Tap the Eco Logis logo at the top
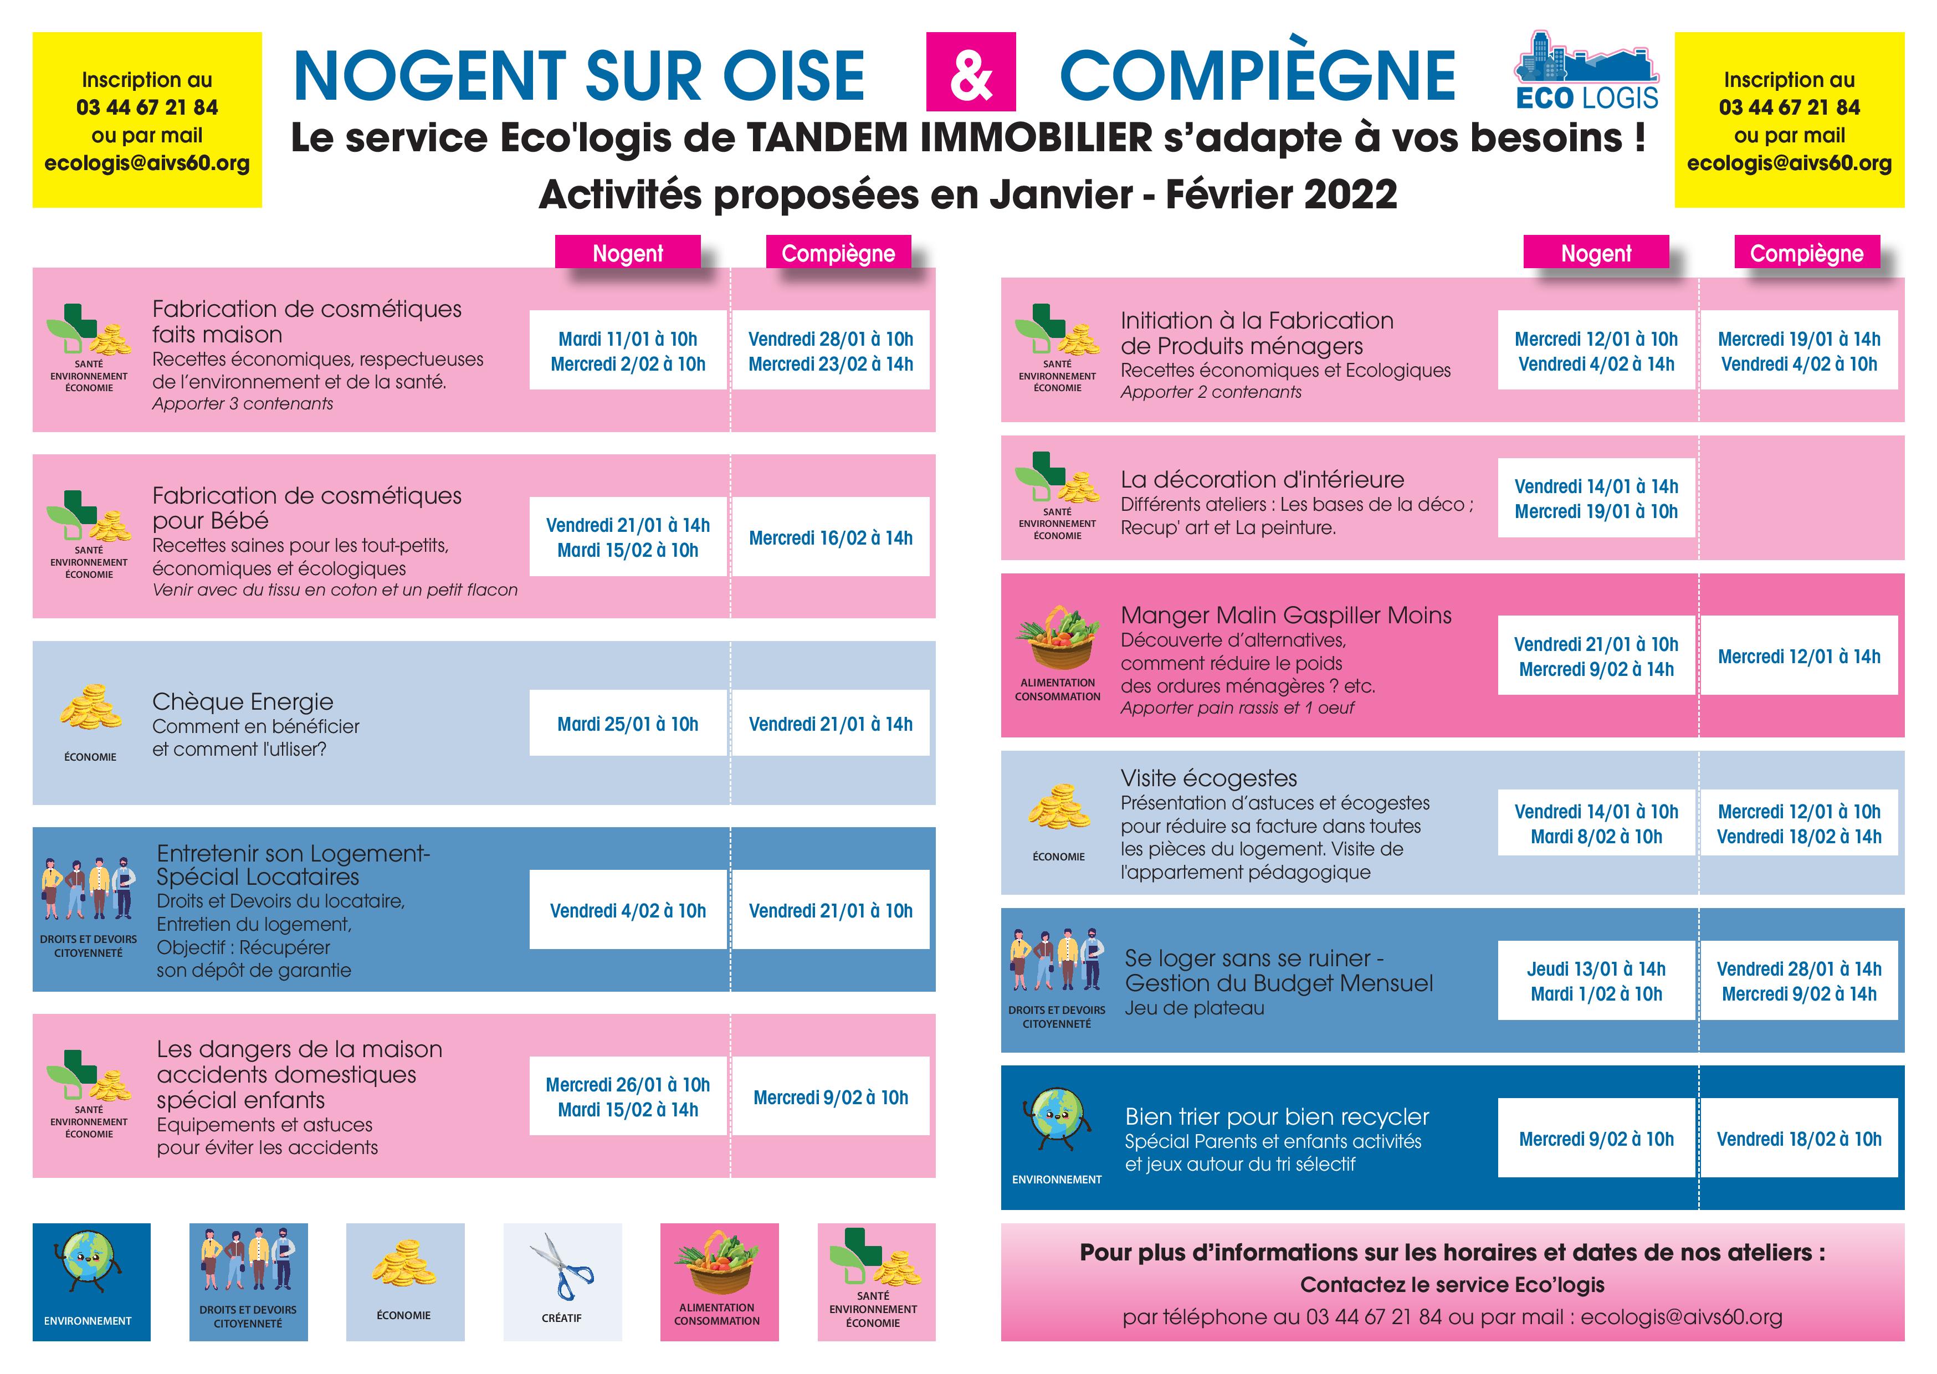click(1586, 72)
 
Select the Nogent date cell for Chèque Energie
click(628, 724)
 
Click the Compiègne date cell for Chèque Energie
click(831, 724)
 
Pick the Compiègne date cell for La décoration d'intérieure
click(1799, 498)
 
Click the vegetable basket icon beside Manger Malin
click(1057, 639)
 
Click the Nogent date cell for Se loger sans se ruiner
click(1596, 981)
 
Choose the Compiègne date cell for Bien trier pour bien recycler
click(1799, 1139)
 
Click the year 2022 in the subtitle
click(1350, 194)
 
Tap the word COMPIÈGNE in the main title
click(1258, 75)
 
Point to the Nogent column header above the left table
click(628, 253)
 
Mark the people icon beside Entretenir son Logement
click(88, 888)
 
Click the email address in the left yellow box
click(147, 163)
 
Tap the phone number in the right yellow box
click(1789, 107)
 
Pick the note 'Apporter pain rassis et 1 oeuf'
click(1237, 707)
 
